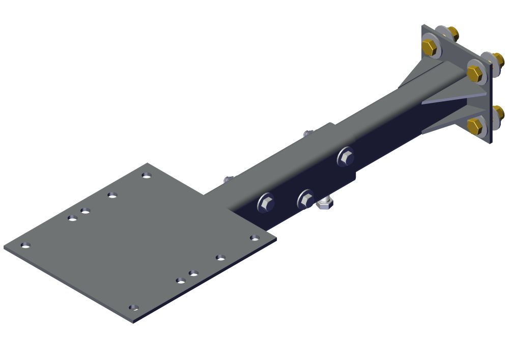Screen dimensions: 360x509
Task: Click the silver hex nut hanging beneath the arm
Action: pos(324,204)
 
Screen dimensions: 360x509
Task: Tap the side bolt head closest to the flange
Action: pos(345,157)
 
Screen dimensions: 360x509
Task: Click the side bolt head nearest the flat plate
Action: pos(266,203)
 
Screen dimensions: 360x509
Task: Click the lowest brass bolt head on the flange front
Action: pos(475,126)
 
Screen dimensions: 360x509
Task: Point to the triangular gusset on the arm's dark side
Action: pos(448,99)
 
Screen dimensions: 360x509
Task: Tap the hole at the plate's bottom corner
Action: pos(133,308)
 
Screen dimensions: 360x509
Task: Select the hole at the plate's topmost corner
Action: pos(147,175)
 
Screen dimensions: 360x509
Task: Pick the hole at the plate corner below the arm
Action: pos(254,238)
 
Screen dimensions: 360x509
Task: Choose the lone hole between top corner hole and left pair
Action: pos(112,195)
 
